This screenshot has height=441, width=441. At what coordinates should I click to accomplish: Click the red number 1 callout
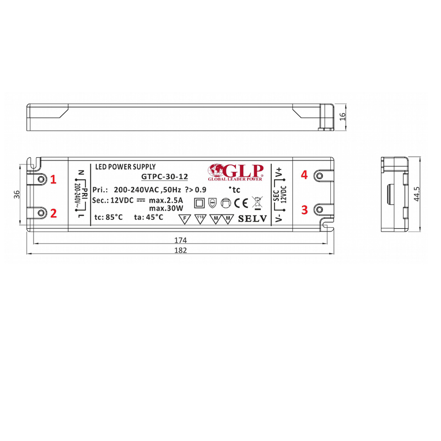(53, 179)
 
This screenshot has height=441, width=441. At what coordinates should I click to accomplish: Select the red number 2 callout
(53, 213)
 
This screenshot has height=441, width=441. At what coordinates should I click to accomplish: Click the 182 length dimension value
(181, 250)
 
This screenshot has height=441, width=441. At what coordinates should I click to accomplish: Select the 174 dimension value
(181, 240)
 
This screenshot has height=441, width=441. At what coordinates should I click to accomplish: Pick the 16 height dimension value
(342, 117)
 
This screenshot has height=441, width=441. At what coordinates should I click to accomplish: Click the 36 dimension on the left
(17, 194)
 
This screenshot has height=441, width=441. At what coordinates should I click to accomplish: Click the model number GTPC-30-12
(164, 177)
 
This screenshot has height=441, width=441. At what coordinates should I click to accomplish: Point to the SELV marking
(252, 219)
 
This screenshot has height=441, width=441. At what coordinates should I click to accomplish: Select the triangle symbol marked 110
(200, 218)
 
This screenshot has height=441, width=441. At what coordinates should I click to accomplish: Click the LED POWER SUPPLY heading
(125, 166)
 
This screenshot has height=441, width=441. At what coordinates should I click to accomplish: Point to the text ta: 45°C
(148, 217)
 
